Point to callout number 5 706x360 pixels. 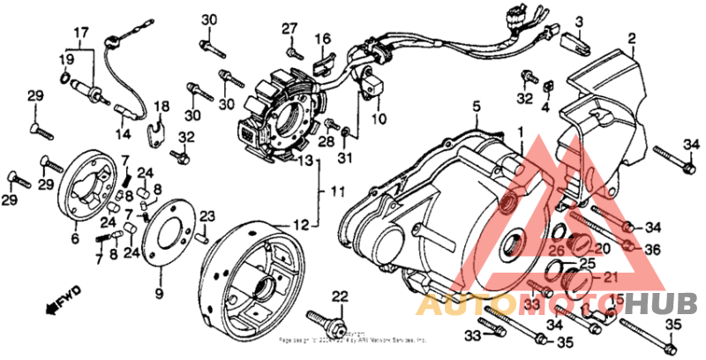[476, 108]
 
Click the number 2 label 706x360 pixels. [631, 39]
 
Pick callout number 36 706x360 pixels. [652, 250]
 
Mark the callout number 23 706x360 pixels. [207, 215]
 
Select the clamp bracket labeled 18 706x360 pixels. [159, 132]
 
